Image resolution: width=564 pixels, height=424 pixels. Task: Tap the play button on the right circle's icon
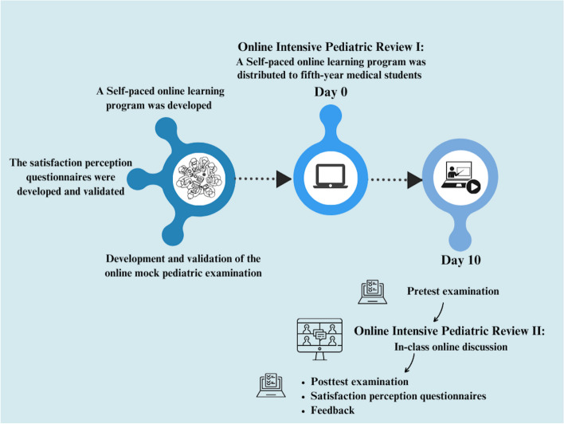[475, 189]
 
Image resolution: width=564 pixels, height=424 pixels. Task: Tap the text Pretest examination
[453, 291]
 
